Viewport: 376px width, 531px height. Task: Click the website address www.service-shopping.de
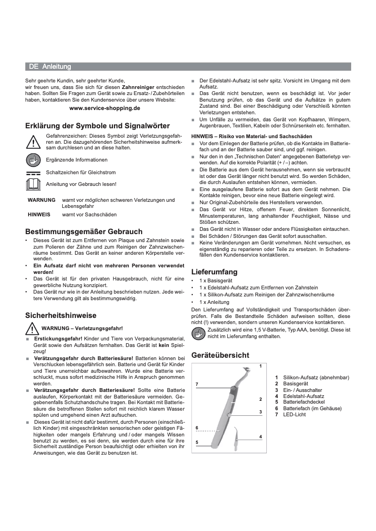point(105,108)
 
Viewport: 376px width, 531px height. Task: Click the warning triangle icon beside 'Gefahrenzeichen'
point(33,141)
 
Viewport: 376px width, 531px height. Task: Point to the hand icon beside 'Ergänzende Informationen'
point(33,160)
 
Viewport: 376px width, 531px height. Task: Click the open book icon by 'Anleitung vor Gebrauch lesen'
point(33,184)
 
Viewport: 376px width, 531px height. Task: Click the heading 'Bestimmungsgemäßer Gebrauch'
point(83,232)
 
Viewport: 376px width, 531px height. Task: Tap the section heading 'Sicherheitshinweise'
point(60,316)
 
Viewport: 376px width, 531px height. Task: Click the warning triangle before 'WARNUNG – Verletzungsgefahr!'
point(33,328)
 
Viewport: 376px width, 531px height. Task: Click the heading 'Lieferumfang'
point(214,272)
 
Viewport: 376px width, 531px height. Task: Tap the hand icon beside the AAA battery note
point(199,333)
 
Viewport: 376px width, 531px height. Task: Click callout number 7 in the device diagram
point(197,384)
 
